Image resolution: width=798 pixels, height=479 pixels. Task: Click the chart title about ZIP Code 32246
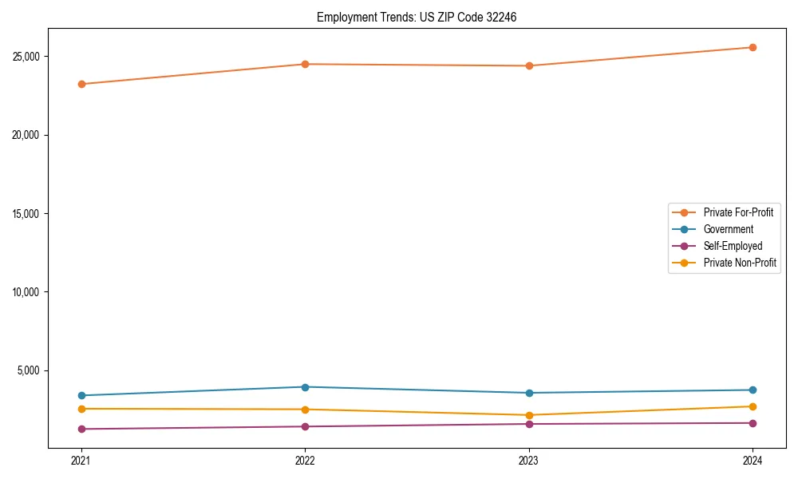pyautogui.click(x=417, y=17)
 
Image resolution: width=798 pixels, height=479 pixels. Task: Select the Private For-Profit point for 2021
pyautogui.click(x=81, y=84)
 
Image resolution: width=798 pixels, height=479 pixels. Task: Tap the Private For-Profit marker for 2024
pyautogui.click(x=753, y=47)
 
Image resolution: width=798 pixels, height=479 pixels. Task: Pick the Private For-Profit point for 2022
pyautogui.click(x=305, y=64)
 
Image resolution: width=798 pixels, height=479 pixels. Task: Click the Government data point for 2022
pyautogui.click(x=305, y=387)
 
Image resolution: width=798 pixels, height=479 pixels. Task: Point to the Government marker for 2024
pyautogui.click(x=753, y=390)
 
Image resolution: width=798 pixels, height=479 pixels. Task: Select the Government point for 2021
pyautogui.click(x=81, y=395)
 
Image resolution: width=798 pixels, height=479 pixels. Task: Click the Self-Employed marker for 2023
pyautogui.click(x=529, y=424)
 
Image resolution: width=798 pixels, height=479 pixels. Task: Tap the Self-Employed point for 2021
pyautogui.click(x=81, y=429)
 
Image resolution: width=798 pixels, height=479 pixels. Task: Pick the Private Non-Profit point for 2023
pyautogui.click(x=529, y=415)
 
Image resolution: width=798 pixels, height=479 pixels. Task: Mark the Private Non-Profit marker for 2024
pyautogui.click(x=753, y=406)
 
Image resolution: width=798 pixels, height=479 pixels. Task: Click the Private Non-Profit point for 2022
pyautogui.click(x=305, y=410)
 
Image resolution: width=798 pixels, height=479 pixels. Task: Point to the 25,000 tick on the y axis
pyautogui.click(x=28, y=57)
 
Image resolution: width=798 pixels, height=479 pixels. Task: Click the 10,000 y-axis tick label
pyautogui.click(x=28, y=292)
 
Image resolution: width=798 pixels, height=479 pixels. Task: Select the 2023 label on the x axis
pyautogui.click(x=529, y=460)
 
